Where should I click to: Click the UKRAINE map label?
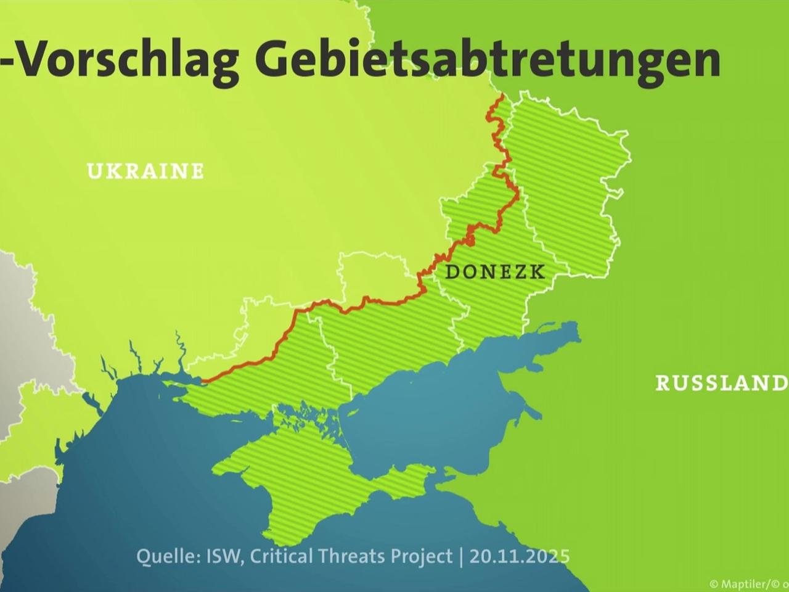145,171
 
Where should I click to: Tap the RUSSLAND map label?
721,383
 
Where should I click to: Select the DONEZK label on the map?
495,271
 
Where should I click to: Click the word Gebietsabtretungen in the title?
488,60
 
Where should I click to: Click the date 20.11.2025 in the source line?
519,556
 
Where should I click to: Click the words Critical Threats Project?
352,556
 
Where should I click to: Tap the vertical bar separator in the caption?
460,556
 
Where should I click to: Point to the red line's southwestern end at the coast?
203,382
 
